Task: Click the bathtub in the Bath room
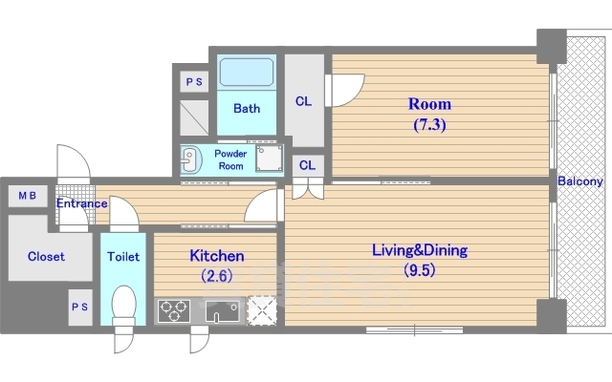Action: [x=247, y=73]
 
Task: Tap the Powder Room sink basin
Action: [x=191, y=160]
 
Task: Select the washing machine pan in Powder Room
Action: [x=270, y=159]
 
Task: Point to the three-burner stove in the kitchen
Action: [x=174, y=310]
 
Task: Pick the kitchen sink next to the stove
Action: [x=223, y=311]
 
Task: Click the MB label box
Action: [x=28, y=196]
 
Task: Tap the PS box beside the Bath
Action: [x=194, y=82]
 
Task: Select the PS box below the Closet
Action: [x=80, y=308]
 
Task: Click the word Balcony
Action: [x=580, y=181]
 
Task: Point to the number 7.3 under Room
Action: [x=429, y=125]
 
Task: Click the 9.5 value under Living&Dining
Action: [x=420, y=270]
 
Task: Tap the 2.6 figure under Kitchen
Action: [x=217, y=276]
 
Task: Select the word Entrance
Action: [x=81, y=203]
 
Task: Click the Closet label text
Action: [x=46, y=257]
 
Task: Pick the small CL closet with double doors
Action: [x=308, y=165]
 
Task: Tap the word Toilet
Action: [x=123, y=257]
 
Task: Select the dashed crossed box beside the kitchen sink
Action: [x=262, y=310]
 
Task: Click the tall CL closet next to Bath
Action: [x=304, y=100]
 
